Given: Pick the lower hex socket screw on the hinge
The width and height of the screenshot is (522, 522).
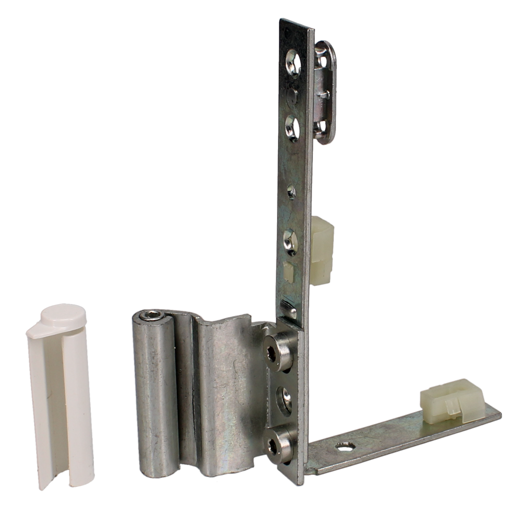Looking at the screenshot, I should [x=274, y=443].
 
